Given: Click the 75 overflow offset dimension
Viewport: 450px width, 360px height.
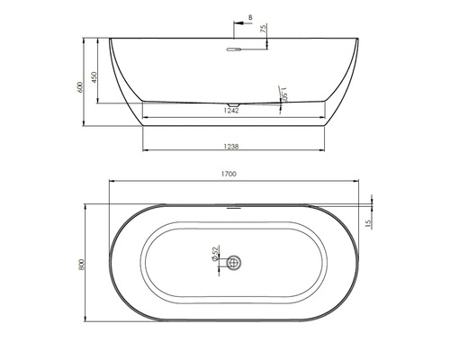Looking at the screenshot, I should click(x=263, y=30).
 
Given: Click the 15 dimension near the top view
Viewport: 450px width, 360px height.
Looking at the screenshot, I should click(x=368, y=222).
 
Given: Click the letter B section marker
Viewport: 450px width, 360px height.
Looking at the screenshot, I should click(x=249, y=15).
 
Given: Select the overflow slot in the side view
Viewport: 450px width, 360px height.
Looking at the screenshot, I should click(x=233, y=50).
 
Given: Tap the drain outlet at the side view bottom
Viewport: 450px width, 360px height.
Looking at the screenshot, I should click(x=234, y=105).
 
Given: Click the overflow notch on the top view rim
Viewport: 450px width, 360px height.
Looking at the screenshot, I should click(x=234, y=206).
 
